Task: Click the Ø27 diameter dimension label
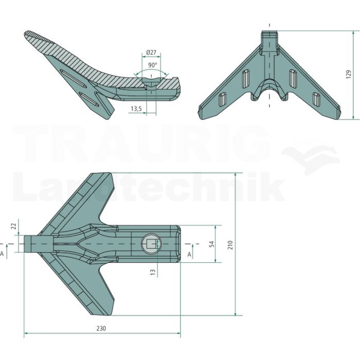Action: [x=151, y=52]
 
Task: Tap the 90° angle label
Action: [x=152, y=65]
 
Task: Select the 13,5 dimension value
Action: [x=136, y=109]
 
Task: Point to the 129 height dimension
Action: [x=349, y=75]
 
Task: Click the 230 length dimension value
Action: [x=101, y=329]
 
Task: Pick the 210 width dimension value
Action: [x=230, y=245]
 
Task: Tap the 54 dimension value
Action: [x=212, y=244]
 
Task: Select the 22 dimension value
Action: [x=14, y=226]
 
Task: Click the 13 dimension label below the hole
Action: [x=153, y=272]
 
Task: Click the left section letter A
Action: [x=2, y=254]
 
